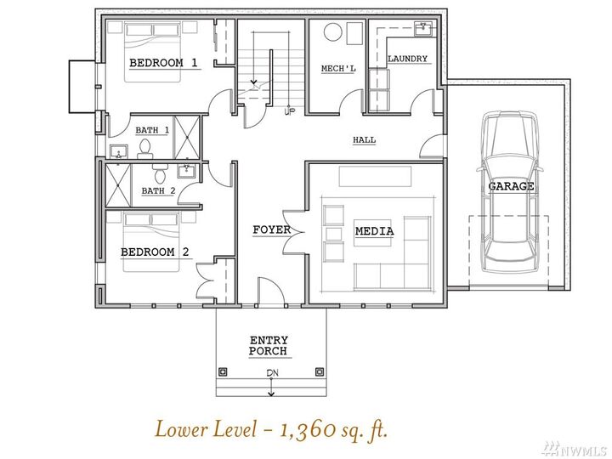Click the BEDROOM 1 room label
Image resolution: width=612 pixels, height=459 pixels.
[163, 63]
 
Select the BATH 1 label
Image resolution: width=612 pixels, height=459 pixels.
[152, 130]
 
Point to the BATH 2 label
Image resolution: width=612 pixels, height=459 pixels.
[158, 190]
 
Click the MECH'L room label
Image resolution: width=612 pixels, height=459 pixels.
[337, 68]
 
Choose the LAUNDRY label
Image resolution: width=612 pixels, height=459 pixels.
[407, 59]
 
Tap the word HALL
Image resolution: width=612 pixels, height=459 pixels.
[364, 140]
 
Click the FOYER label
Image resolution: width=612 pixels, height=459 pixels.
[271, 230]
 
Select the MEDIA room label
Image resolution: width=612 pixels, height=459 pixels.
[374, 231]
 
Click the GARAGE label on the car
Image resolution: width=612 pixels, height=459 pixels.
[511, 186]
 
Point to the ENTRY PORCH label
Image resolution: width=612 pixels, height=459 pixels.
[268, 345]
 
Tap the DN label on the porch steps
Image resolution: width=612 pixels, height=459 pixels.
[270, 373]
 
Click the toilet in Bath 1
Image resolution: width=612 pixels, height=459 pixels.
[144, 150]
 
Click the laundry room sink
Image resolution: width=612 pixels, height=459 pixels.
[422, 28]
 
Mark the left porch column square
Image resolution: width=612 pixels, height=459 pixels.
[224, 371]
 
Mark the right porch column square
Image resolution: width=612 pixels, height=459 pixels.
[320, 371]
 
